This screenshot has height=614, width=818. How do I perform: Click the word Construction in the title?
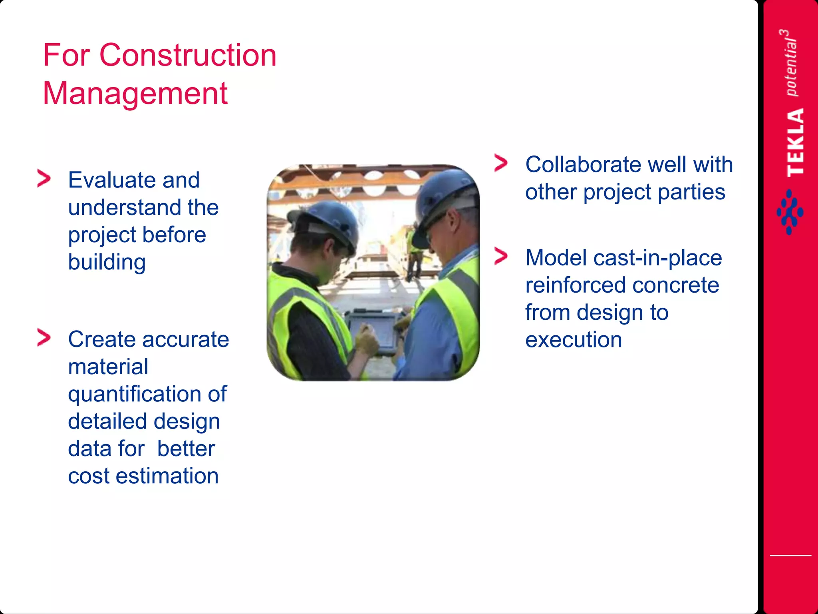[188, 55]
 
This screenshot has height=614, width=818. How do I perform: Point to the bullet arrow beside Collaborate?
[501, 163]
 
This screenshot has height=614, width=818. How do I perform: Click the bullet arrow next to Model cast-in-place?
[501, 256]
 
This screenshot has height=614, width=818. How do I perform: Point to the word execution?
[574, 340]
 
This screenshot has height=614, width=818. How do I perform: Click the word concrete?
[676, 285]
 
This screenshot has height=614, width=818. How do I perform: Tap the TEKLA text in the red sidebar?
[795, 142]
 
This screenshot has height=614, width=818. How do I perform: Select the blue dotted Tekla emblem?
[790, 212]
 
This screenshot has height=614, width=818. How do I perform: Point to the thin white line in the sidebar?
[790, 555]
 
